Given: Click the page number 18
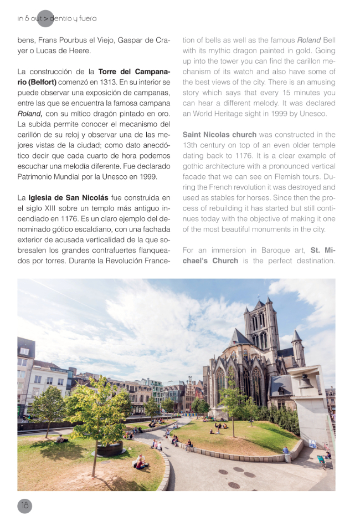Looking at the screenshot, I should pyautogui.click(x=24, y=505).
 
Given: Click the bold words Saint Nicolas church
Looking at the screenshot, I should pyautogui.click(x=219, y=135).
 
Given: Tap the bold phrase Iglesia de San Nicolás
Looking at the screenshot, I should pyautogui.click(x=67, y=197).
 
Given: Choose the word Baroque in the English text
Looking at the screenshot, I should pyautogui.click(x=267, y=250).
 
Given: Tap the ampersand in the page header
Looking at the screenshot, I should pyautogui.click(x=27, y=18).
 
